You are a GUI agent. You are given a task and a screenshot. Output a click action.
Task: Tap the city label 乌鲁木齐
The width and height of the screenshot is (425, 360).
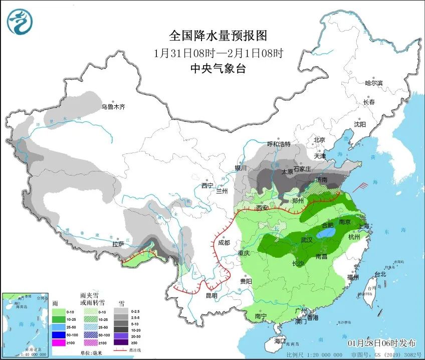[113, 107]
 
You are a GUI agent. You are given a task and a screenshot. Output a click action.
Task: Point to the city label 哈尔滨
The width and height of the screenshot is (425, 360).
[373, 83]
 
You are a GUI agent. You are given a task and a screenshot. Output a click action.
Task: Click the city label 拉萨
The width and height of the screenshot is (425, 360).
[118, 244]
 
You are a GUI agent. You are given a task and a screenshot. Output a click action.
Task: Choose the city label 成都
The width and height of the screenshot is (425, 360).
[224, 242]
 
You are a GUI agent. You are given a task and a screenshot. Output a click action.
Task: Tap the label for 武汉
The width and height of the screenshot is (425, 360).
[307, 240]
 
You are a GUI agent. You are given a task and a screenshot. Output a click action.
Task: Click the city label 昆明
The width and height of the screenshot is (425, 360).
[211, 295]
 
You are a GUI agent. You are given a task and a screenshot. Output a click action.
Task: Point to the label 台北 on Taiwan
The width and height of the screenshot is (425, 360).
[380, 274]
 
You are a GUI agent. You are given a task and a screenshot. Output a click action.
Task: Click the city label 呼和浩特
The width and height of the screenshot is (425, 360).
[279, 144]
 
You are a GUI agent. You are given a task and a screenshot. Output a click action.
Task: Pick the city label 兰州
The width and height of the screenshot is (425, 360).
[221, 191]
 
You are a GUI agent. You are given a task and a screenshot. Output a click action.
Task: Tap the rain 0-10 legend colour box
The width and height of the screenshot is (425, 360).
[60, 312]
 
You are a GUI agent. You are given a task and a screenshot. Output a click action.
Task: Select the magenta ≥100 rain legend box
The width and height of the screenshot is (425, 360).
[60, 342]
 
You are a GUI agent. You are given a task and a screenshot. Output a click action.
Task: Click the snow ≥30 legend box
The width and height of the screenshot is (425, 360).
[121, 342]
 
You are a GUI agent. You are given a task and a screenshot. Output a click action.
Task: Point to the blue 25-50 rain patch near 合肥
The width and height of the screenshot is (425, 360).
[326, 234]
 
